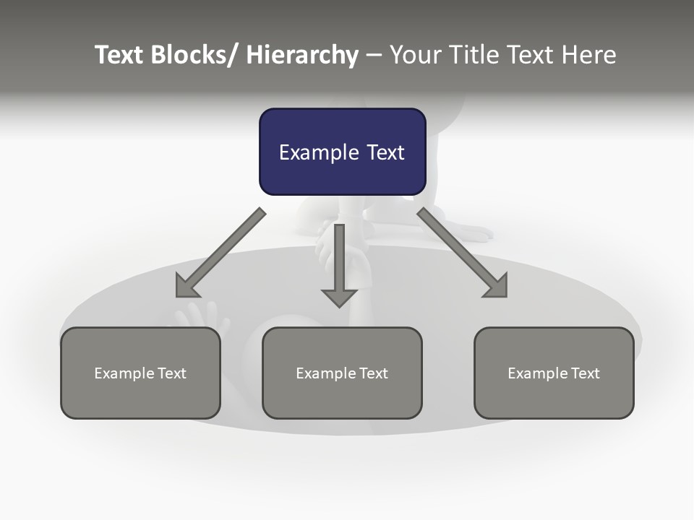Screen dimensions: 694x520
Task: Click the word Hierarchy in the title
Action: tap(302, 56)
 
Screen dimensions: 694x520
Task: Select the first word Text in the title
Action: tap(120, 55)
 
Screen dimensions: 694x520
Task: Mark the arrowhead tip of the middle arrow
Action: tap(339, 307)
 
